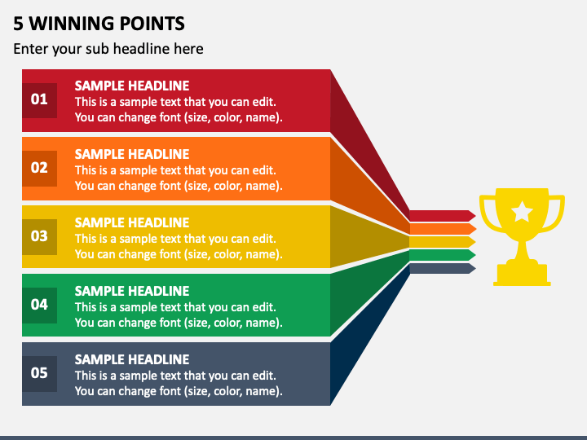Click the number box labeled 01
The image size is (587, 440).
[40, 100]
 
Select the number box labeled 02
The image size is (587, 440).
[40, 169]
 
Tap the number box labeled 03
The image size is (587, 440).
[40, 237]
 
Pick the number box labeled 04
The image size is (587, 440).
[40, 306]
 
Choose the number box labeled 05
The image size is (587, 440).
[40, 374]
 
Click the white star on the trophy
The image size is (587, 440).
[522, 211]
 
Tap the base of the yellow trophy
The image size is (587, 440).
[522, 275]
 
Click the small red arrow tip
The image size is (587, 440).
[472, 215]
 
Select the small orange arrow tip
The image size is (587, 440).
[472, 229]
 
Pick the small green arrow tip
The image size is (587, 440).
[472, 255]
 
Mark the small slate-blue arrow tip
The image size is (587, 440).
[472, 268]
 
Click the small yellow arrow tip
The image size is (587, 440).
[472, 242]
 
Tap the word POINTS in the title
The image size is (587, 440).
[147, 24]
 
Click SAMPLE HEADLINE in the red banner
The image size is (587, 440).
[132, 86]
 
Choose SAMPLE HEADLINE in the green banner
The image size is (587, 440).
[132, 291]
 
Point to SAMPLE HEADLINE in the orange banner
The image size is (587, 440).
[132, 154]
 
